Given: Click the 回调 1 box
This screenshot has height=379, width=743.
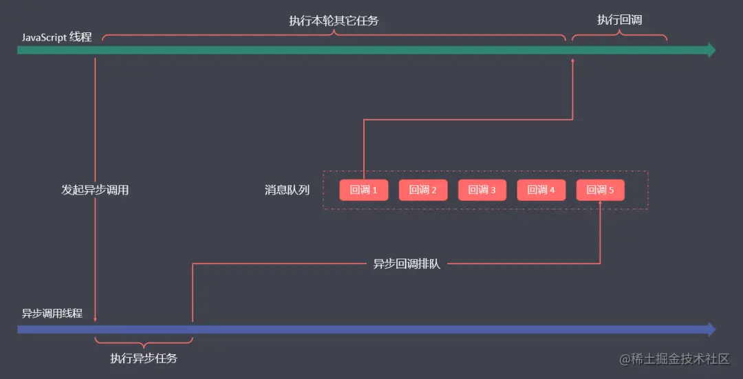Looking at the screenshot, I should (363, 191).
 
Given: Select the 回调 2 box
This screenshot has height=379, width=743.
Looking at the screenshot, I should (423, 191).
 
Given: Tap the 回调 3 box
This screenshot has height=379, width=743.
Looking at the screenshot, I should (482, 191).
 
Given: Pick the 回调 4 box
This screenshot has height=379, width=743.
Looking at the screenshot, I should (541, 191).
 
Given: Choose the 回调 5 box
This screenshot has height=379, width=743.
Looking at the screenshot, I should (600, 191).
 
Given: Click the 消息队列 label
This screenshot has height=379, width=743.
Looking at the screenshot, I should (287, 190).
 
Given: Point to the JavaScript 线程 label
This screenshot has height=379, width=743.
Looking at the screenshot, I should (56, 37).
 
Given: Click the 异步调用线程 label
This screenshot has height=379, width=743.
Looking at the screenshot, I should (52, 313).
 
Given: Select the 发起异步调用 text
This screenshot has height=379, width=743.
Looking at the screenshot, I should (95, 190).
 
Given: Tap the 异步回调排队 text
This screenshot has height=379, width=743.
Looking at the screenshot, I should (407, 263).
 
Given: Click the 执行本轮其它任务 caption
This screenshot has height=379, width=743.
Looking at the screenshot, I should (334, 21).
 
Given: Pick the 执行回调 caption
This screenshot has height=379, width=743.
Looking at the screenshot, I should (619, 20).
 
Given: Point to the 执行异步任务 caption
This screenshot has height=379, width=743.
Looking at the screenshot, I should (144, 358).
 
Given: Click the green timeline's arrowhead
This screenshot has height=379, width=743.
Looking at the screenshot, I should (711, 50).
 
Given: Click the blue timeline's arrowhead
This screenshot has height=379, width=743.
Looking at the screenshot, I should (711, 329).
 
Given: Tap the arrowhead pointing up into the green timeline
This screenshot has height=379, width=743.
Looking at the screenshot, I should (572, 61).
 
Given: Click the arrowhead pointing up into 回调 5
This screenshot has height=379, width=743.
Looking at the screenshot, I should (600, 204).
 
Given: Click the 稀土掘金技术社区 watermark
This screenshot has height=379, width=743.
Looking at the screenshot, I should (674, 359).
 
